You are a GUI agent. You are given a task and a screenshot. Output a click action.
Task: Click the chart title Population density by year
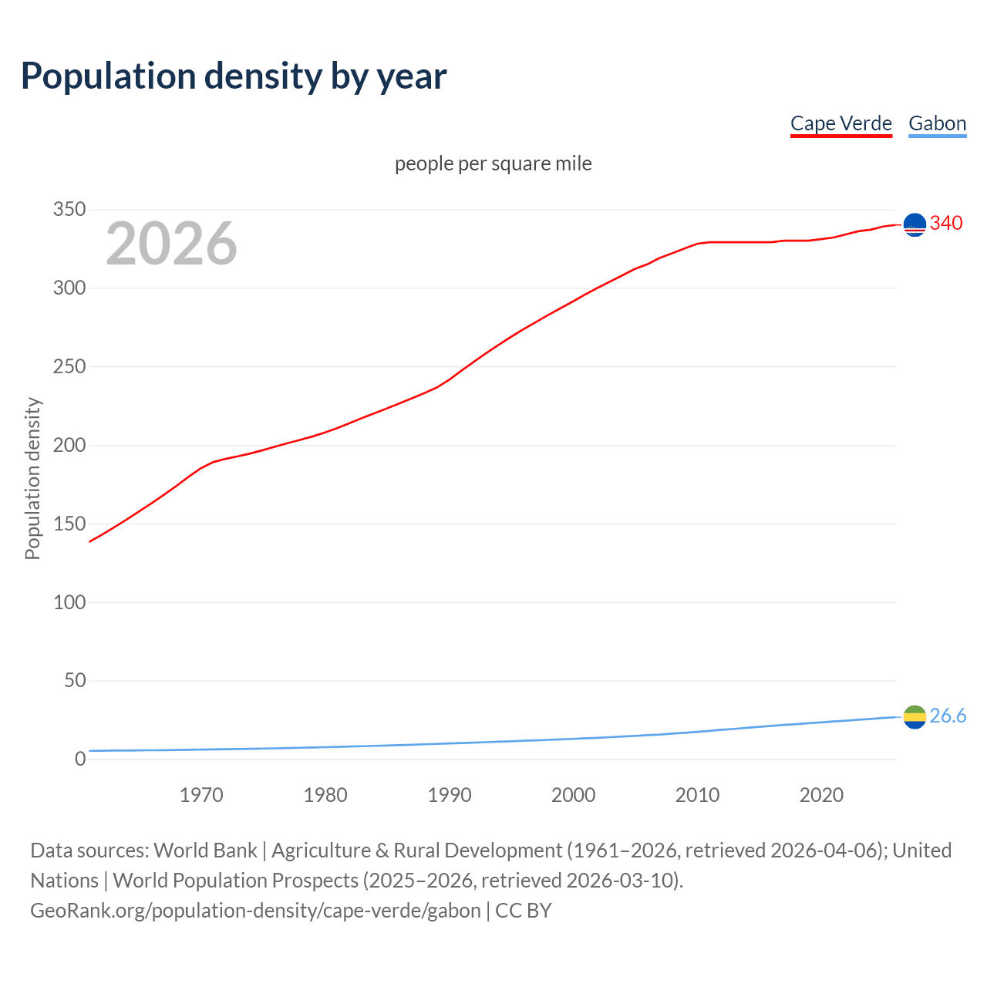234,76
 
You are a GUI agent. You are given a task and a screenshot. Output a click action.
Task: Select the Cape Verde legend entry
840,123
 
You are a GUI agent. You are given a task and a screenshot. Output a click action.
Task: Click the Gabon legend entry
937,123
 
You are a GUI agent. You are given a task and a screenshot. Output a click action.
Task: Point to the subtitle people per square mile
493,163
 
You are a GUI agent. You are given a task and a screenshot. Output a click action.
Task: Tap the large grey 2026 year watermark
171,244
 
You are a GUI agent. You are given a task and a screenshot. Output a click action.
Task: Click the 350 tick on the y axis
69,210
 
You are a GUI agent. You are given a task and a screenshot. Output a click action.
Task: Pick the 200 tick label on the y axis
69,445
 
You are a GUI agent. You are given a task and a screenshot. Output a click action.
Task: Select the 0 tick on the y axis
80,759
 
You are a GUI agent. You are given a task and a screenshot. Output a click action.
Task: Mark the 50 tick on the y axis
75,680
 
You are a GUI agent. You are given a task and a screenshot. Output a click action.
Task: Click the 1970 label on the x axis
201,795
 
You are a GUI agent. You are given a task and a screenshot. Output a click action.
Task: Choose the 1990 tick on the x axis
450,795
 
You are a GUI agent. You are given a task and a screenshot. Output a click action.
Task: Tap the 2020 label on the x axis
821,795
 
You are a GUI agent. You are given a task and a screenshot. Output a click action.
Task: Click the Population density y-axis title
32,478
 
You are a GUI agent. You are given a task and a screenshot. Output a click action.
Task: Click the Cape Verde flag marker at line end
915,224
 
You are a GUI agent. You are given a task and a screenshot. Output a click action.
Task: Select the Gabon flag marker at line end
915,717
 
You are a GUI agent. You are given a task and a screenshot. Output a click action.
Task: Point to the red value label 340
946,224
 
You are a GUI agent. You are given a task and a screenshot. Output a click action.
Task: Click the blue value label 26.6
948,716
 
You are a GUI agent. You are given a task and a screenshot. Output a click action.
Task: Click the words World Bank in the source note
205,851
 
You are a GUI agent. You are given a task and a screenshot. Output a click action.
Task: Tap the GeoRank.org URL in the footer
255,911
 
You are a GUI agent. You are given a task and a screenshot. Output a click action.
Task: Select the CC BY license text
524,911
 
